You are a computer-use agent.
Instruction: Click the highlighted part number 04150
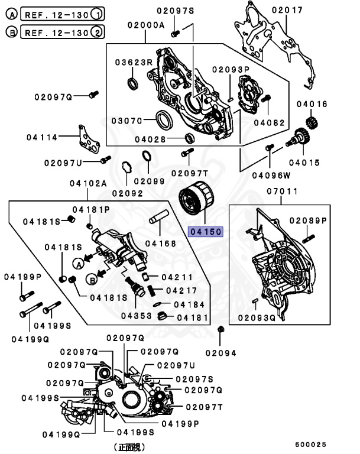pyautogui.click(x=204, y=232)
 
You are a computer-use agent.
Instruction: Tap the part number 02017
pyautogui.click(x=287, y=11)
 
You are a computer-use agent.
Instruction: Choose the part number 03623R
pyautogui.click(x=134, y=62)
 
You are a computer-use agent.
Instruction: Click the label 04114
pyautogui.click(x=42, y=137)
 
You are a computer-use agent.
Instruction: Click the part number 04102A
pyautogui.click(x=89, y=184)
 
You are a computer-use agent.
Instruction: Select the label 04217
pyautogui.click(x=181, y=290)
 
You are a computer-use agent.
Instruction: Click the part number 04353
pyautogui.click(x=137, y=315)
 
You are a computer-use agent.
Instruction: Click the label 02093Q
pyautogui.click(x=256, y=317)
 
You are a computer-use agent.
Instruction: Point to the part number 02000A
pyautogui.click(x=145, y=25)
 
